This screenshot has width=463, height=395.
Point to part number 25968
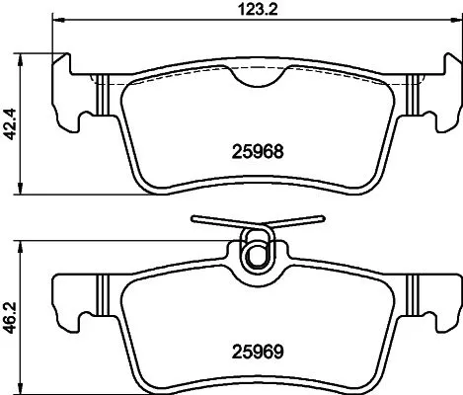pos(257,153)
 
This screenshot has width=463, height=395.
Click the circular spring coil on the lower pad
pos(257,252)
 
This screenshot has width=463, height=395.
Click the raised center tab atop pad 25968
pos(257,70)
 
